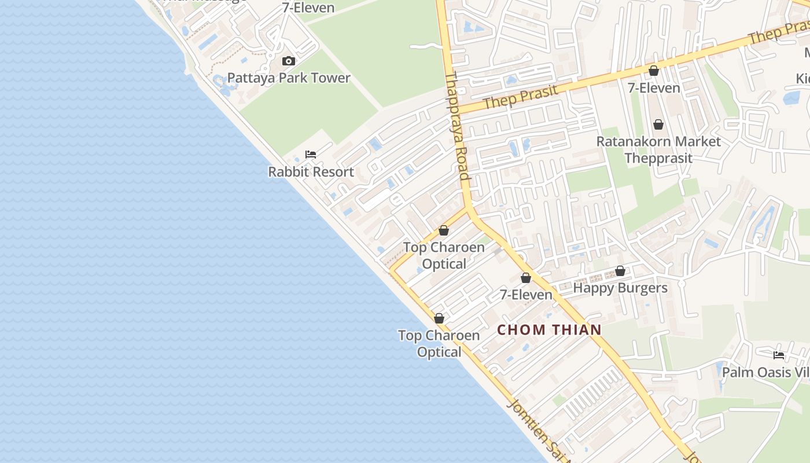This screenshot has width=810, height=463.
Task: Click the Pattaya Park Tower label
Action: click(x=289, y=78)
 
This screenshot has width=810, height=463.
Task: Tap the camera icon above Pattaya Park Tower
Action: click(x=288, y=61)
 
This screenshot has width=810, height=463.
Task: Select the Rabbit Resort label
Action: click(x=311, y=172)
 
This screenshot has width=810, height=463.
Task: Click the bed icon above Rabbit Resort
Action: click(x=311, y=155)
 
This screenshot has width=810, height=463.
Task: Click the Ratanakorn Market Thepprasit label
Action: click(x=658, y=149)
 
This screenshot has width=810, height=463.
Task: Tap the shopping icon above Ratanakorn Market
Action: click(x=658, y=124)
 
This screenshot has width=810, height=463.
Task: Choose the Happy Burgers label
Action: click(x=620, y=288)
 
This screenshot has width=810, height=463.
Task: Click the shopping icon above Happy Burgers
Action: click(x=620, y=271)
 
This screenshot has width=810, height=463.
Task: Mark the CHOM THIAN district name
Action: click(x=549, y=330)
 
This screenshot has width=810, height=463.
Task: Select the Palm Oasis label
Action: click(x=765, y=372)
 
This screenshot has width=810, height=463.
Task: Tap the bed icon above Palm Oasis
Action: click(x=779, y=355)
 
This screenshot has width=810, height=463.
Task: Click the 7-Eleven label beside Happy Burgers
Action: click(x=526, y=295)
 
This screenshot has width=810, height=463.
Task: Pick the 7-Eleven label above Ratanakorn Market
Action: click(x=654, y=88)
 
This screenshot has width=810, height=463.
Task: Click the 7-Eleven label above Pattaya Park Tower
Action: click(x=308, y=8)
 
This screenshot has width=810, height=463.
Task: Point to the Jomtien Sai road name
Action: click(x=536, y=429)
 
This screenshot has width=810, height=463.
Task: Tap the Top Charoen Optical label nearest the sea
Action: click(x=439, y=343)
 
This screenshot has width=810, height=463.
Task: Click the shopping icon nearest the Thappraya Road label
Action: click(x=444, y=230)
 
